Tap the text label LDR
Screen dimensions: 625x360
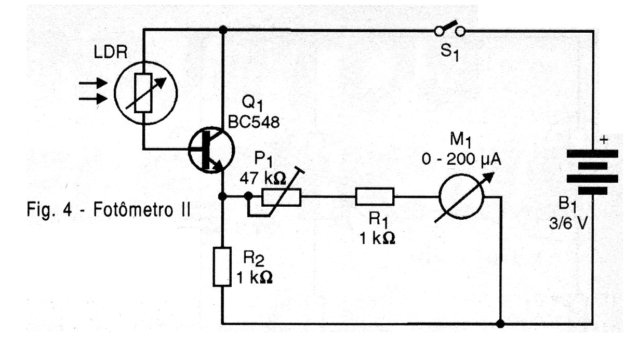(x=111, y=52)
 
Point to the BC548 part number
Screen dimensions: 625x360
(x=254, y=122)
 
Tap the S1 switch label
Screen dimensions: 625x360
(x=449, y=53)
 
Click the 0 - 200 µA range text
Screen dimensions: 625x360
(x=461, y=160)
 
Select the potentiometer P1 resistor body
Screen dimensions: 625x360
(x=281, y=197)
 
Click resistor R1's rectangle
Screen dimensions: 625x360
(x=375, y=197)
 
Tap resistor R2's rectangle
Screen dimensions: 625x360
(x=222, y=266)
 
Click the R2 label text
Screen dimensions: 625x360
(x=254, y=258)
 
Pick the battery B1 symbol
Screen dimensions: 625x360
(x=592, y=172)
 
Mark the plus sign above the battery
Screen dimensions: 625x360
(x=604, y=140)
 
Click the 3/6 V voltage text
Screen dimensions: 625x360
(x=568, y=223)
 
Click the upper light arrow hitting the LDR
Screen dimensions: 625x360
(x=93, y=83)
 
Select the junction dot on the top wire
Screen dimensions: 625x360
(x=223, y=30)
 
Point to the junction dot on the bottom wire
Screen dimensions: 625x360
(x=500, y=324)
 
